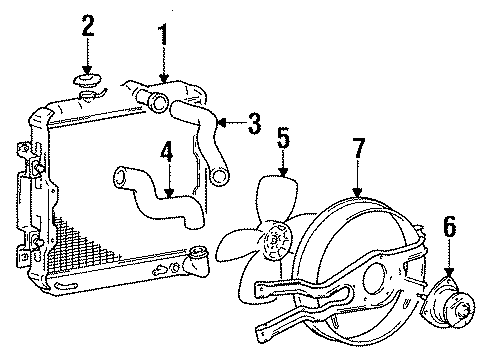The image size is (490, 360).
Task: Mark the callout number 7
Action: (357, 151)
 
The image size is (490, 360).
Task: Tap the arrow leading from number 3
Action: (229, 126)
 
